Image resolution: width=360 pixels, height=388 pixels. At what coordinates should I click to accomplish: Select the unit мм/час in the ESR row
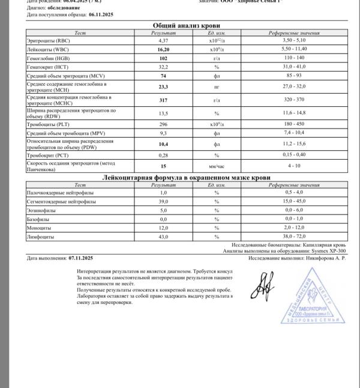(x=216, y=166)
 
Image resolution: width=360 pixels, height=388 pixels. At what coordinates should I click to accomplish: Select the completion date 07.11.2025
(x=81, y=258)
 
